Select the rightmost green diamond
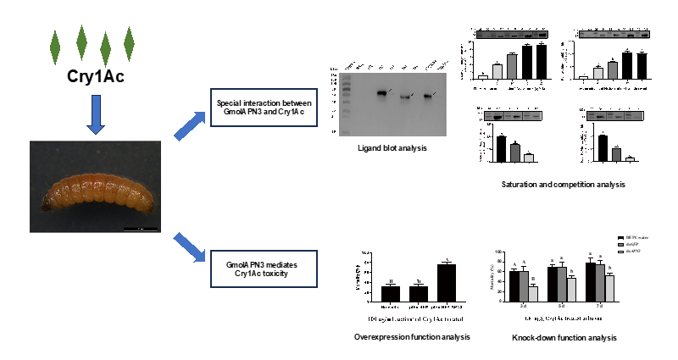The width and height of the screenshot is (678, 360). (x=129, y=41)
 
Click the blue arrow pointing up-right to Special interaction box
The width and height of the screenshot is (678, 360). (x=189, y=125)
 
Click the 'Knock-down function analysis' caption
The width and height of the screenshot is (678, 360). (x=564, y=338)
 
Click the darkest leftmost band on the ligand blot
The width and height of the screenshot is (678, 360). (x=381, y=92)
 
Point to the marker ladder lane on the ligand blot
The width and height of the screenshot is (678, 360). (x=337, y=97)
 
